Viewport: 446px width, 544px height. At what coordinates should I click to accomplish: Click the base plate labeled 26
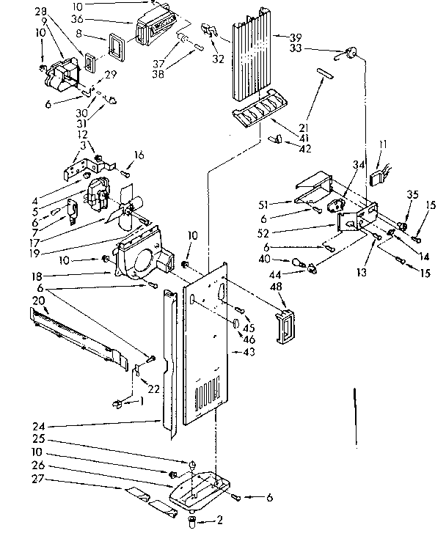[200, 488]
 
